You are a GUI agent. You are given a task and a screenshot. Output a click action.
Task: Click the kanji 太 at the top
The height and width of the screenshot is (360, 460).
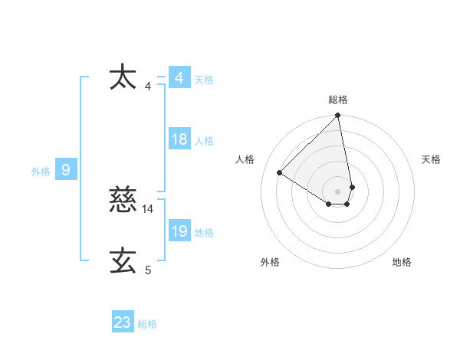click(x=123, y=78)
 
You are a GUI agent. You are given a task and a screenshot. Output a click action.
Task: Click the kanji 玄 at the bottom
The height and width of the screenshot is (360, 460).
click(x=123, y=261)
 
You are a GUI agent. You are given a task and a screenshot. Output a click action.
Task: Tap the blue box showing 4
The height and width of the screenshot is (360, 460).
click(x=179, y=78)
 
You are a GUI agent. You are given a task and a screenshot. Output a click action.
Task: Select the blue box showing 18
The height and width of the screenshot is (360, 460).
click(x=179, y=139)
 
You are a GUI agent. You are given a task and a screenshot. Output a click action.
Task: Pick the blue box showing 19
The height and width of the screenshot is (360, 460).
click(x=179, y=231)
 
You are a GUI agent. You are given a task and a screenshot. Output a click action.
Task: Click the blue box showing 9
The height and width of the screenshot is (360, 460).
click(x=66, y=170)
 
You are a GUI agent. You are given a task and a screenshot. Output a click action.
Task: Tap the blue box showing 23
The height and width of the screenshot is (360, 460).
click(x=123, y=322)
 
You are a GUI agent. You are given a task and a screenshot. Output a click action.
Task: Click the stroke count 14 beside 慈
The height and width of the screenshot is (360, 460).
click(x=148, y=208)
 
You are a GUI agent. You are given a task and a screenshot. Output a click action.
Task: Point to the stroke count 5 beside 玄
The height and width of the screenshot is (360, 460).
click(x=148, y=270)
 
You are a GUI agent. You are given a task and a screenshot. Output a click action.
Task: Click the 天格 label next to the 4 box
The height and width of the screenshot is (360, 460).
click(x=204, y=80)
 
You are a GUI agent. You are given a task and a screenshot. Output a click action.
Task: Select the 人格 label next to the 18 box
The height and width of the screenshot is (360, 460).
click(x=204, y=141)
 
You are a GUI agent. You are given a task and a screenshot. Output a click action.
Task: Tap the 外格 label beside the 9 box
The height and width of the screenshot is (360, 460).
click(x=41, y=172)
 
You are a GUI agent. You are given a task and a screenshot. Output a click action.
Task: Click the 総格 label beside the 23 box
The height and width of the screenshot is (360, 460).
click(x=147, y=324)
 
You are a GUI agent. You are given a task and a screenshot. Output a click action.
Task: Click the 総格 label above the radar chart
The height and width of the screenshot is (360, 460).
click(x=338, y=100)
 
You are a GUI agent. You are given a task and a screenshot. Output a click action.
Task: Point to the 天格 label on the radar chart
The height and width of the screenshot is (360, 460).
click(x=431, y=159)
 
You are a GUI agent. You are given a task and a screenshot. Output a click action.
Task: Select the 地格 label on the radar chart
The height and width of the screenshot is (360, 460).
click(x=402, y=262)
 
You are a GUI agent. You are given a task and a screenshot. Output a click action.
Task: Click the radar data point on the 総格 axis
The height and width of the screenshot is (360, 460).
click(x=338, y=116)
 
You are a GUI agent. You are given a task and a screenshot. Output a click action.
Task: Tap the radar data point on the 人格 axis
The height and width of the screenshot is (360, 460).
click(x=280, y=172)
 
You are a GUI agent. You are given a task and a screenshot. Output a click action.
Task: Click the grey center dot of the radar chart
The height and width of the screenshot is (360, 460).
click(x=338, y=191)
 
